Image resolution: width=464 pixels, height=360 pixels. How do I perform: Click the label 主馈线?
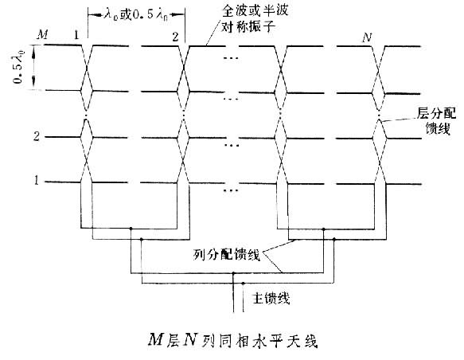(271, 298)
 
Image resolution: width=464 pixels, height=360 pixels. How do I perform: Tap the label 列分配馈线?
(227, 255)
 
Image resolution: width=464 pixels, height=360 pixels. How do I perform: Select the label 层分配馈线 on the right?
(437, 121)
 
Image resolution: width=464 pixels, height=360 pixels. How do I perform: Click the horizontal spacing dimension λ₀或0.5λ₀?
(136, 14)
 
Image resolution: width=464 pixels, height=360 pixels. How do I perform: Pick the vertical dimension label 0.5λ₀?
(18, 67)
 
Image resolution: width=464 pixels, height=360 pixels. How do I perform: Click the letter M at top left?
(43, 34)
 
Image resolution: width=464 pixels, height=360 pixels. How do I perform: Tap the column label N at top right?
(367, 37)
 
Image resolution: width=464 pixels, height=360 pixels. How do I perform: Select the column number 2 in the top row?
(176, 37)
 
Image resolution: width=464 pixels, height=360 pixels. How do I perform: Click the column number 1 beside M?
(76, 35)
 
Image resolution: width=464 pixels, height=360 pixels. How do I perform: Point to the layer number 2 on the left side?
(37, 136)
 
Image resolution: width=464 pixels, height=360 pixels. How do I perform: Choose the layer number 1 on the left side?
(37, 180)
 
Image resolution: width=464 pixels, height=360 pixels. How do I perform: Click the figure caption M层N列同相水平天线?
(232, 340)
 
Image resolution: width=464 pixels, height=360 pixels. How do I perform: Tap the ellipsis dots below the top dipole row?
(231, 58)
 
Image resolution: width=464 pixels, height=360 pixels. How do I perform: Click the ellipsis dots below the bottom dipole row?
(231, 190)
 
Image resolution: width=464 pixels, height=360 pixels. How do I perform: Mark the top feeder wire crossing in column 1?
(87, 68)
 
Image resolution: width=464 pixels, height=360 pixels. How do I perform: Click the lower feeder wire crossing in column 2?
(184, 160)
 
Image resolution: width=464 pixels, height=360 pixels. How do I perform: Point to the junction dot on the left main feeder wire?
(233, 273)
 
